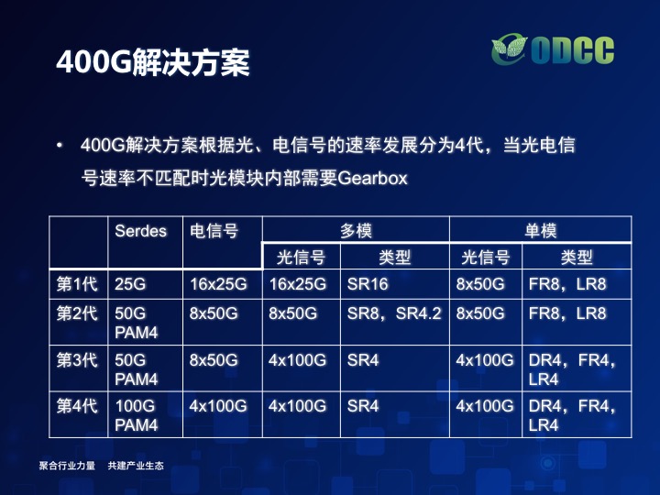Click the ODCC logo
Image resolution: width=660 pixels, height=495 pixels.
pyautogui.click(x=553, y=50)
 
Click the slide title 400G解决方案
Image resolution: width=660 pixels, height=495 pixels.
pyautogui.click(x=153, y=62)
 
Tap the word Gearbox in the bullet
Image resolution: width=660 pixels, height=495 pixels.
pyautogui.click(x=372, y=179)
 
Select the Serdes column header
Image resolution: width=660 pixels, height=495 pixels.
pyautogui.click(x=140, y=231)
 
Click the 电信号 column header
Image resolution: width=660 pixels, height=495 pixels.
pyautogui.click(x=214, y=231)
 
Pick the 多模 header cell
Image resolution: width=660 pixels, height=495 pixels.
pyautogui.click(x=356, y=231)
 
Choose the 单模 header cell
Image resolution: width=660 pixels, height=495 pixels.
pyautogui.click(x=541, y=231)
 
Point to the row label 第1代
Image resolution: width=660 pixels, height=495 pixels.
pyautogui.click(x=77, y=284)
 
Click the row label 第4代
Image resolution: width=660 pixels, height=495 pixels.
pyautogui.click(x=77, y=406)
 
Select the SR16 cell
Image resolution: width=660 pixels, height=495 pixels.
pyautogui.click(x=368, y=284)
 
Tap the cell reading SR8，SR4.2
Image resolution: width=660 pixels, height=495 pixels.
pyautogui.click(x=394, y=313)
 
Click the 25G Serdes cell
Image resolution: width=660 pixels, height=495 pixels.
pyautogui.click(x=130, y=284)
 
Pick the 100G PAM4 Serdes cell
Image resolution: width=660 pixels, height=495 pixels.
pyautogui.click(x=136, y=415)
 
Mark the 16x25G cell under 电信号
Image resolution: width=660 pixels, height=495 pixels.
pyautogui.click(x=218, y=284)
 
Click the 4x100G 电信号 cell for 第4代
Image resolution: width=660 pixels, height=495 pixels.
pyautogui.click(x=218, y=406)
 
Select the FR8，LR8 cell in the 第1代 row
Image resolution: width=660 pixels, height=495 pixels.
pyautogui.click(x=567, y=284)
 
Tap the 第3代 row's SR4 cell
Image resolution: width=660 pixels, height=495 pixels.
pyautogui.click(x=363, y=360)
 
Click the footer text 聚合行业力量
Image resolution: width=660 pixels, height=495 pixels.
pyautogui.click(x=67, y=466)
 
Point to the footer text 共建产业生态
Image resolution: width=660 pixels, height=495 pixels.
pyautogui.click(x=136, y=466)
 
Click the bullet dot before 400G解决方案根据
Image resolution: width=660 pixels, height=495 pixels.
pyautogui.click(x=60, y=146)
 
